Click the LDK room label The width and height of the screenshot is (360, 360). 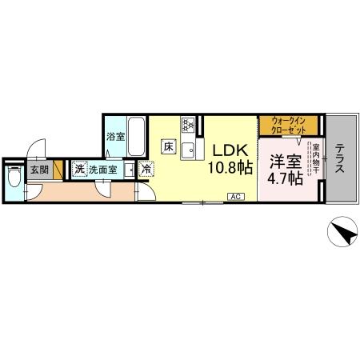tap(230, 150)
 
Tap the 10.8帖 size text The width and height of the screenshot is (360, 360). tap(230, 167)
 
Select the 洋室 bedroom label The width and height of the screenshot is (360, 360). tap(286, 162)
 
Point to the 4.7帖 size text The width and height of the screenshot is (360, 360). tap(286, 178)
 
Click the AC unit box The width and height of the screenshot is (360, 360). tap(236, 197)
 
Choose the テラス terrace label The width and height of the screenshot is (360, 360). tap(339, 158)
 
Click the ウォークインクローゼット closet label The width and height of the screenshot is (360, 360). tap(288, 126)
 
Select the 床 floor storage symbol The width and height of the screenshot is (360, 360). tap(169, 146)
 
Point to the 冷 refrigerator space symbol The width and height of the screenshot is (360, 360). tap(146, 169)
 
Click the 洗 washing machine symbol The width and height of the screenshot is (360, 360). tap(79, 169)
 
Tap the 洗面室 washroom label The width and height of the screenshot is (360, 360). tap(102, 170)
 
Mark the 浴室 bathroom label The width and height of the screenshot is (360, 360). tap(115, 137)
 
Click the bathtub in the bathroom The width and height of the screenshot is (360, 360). tap(136, 137)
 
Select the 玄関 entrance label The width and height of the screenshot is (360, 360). tap(39, 170)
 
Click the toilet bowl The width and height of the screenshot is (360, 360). tap(14, 176)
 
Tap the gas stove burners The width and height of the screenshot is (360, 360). tap(188, 125)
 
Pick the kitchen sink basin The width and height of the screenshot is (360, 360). tap(188, 150)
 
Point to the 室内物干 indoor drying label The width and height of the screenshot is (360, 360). tap(316, 158)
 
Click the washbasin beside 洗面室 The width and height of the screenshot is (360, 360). tap(130, 170)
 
